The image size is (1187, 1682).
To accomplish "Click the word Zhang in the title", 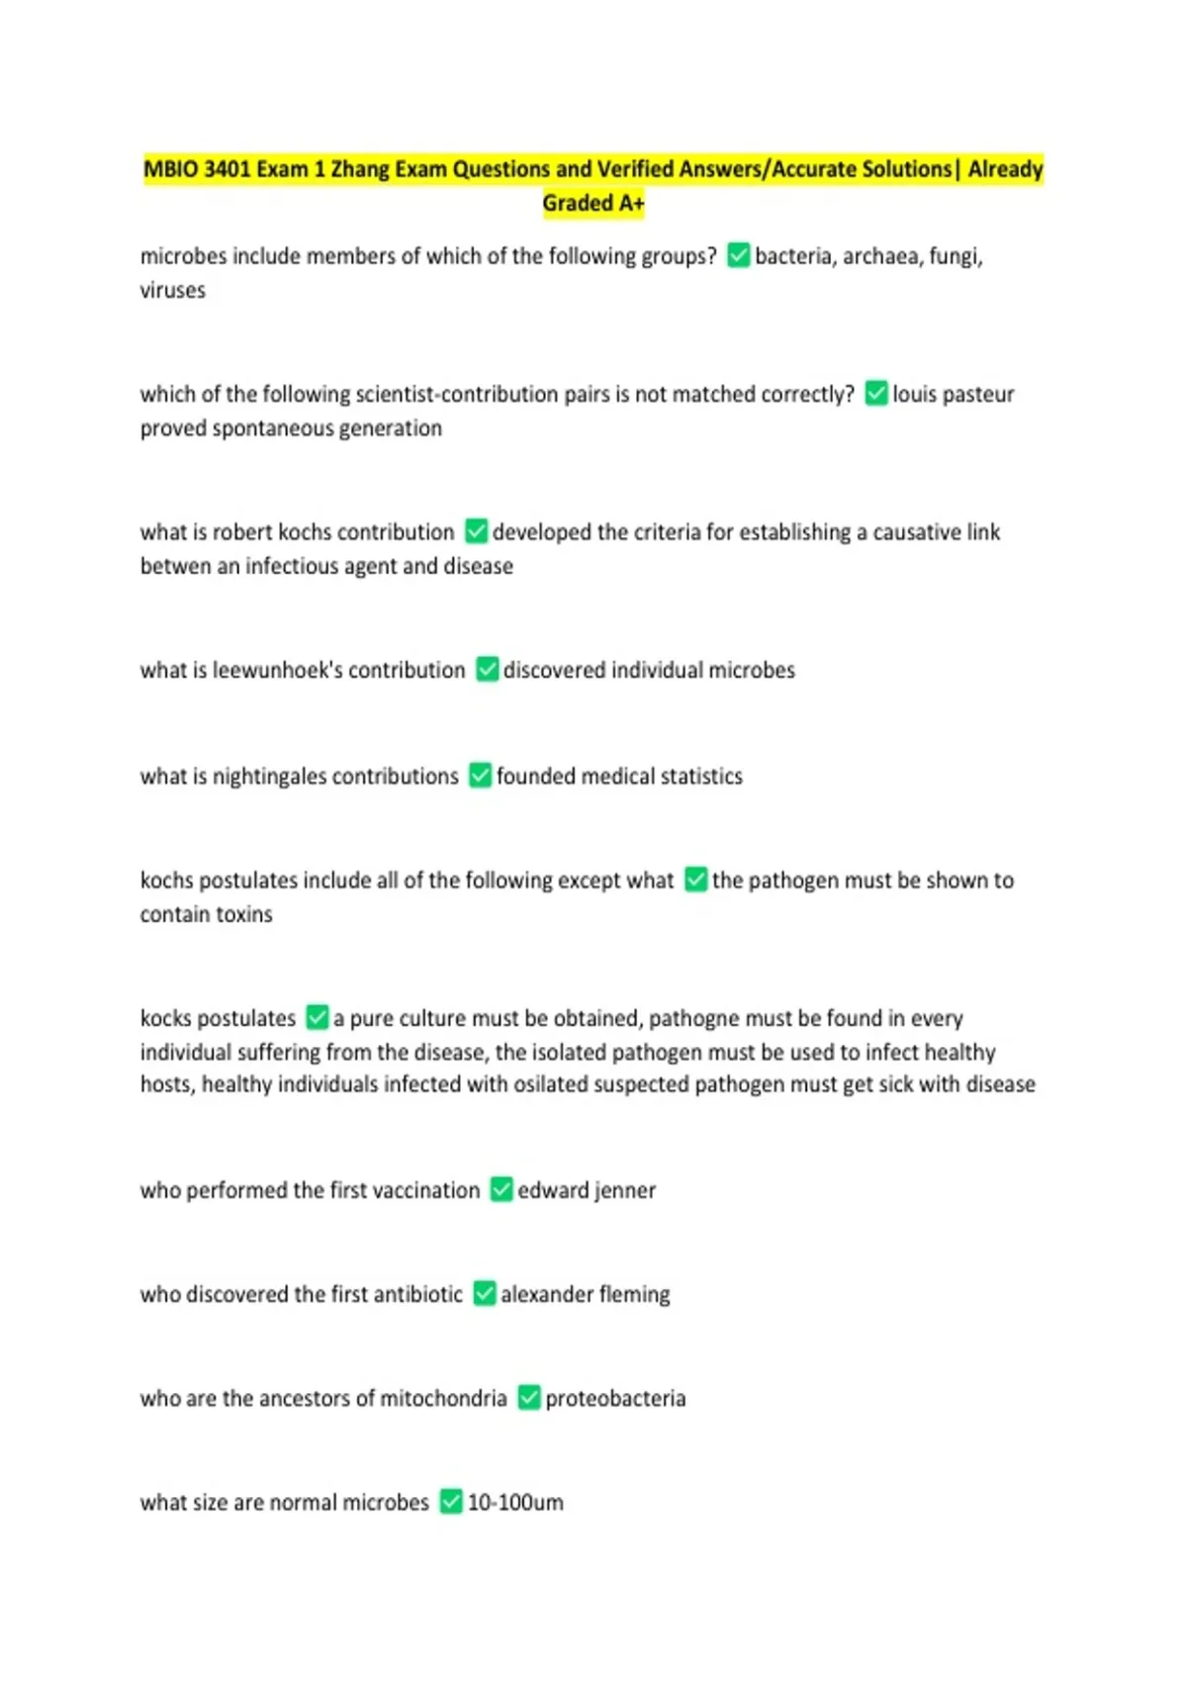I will click(x=360, y=169).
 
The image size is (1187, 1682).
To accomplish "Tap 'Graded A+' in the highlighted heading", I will click(x=593, y=204).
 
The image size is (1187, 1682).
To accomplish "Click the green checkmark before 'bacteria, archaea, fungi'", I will click(x=738, y=256).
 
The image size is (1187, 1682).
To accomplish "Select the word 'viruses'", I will click(x=173, y=291).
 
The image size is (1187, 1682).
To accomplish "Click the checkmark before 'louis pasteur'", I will click(x=875, y=394).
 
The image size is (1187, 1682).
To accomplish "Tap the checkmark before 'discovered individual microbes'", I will click(x=487, y=670).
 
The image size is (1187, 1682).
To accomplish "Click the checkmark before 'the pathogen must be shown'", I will click(x=695, y=880).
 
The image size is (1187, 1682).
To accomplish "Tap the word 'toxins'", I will click(x=241, y=914).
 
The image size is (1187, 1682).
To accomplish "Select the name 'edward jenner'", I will click(x=587, y=1190).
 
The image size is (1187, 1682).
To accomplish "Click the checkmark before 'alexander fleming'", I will click(x=484, y=1294).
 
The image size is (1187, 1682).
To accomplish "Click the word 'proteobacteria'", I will click(x=615, y=1399).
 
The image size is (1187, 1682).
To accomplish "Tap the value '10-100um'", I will click(x=515, y=1503).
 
